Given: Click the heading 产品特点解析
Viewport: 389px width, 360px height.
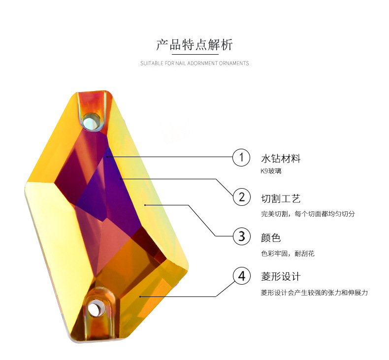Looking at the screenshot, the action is click(194, 45).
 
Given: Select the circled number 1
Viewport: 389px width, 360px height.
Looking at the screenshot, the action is click(241, 158).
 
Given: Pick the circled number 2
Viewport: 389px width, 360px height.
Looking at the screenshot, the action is click(241, 197).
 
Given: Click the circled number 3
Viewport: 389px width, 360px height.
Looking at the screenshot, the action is click(241, 236).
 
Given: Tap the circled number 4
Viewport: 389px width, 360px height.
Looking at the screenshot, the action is click(241, 276).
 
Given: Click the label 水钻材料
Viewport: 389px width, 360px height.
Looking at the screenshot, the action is click(281, 159).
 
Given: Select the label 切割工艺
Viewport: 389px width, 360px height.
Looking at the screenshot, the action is click(281, 198).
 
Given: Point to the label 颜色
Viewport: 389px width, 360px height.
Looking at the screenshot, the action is click(271, 237).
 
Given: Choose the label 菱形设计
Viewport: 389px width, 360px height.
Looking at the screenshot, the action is click(281, 276).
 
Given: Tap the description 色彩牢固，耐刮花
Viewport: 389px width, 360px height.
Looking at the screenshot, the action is click(288, 254).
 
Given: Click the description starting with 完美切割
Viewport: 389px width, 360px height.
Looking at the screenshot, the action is click(308, 214).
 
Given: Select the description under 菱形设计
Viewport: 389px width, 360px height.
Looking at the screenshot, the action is click(314, 293).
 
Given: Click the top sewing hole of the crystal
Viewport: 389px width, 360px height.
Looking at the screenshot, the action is click(92, 120).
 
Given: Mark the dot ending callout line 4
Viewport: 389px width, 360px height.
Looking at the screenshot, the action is click(140, 296).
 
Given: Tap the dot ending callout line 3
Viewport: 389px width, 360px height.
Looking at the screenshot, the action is click(145, 204).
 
